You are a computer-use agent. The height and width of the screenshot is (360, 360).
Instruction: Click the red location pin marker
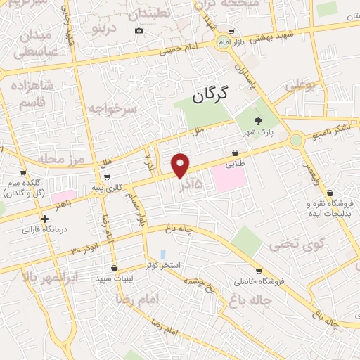[x=181, y=165]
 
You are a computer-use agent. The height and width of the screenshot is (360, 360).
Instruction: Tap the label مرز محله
[x=61, y=157]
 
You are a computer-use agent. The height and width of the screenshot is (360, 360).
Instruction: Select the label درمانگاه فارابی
[x=43, y=229]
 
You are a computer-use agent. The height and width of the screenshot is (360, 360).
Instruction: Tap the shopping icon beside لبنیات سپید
[x=114, y=267]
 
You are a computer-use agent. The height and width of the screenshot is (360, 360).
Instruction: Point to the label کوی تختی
[x=289, y=245]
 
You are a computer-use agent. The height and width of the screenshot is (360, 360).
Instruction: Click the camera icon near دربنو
[x=139, y=30]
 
